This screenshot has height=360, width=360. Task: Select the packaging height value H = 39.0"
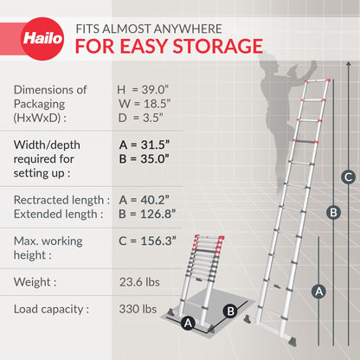(143, 90)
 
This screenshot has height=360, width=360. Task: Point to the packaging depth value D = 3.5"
(140, 118)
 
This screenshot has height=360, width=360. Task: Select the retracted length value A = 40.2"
(144, 200)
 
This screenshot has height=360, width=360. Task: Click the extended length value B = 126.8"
(146, 214)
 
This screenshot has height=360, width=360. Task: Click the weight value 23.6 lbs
(141, 281)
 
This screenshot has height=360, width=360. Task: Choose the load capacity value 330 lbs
(138, 309)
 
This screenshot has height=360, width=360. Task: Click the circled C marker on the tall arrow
(348, 177)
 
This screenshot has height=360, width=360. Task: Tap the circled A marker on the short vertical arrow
(318, 292)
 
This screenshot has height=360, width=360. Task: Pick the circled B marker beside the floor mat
(230, 312)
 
